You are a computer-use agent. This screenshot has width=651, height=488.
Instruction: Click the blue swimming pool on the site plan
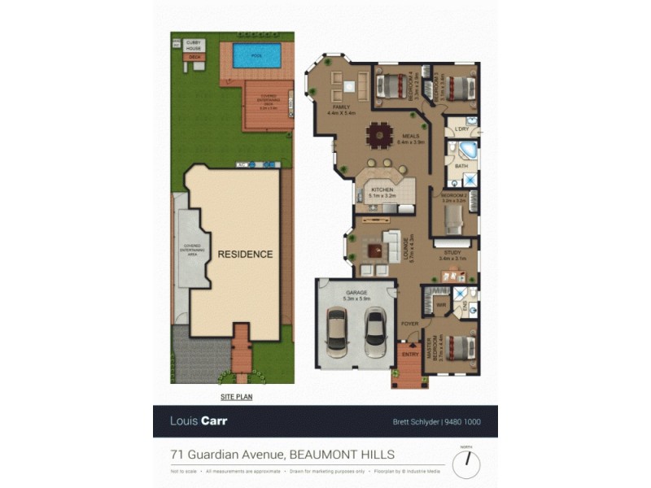[257, 56]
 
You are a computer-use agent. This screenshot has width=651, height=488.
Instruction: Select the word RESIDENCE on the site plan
[245, 255]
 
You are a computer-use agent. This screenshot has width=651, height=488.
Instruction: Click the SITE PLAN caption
[237, 396]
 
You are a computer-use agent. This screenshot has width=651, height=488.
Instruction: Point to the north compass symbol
[466, 464]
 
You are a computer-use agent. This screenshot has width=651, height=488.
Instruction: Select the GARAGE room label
[356, 292]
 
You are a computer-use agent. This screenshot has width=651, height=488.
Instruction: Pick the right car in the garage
[375, 331]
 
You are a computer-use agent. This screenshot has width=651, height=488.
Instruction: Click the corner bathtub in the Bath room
[465, 151]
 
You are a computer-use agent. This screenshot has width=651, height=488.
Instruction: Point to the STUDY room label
[450, 254]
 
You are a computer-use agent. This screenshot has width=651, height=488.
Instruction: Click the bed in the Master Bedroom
[458, 347]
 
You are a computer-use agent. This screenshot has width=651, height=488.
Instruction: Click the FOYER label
[409, 324]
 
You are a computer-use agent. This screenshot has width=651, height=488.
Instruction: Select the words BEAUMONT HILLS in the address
[343, 454]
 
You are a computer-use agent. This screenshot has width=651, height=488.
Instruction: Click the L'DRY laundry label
[461, 129]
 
